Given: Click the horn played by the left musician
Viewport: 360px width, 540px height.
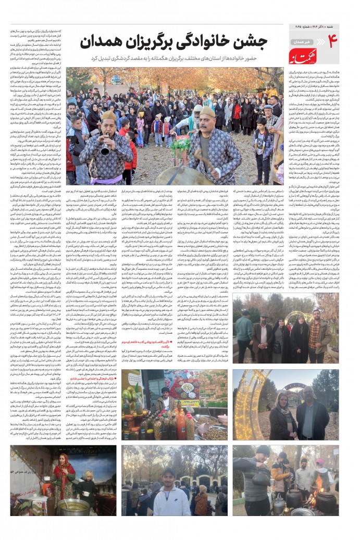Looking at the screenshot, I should click(x=105, y=152).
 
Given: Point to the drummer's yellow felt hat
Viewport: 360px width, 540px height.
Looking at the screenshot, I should click(x=207, y=112).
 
